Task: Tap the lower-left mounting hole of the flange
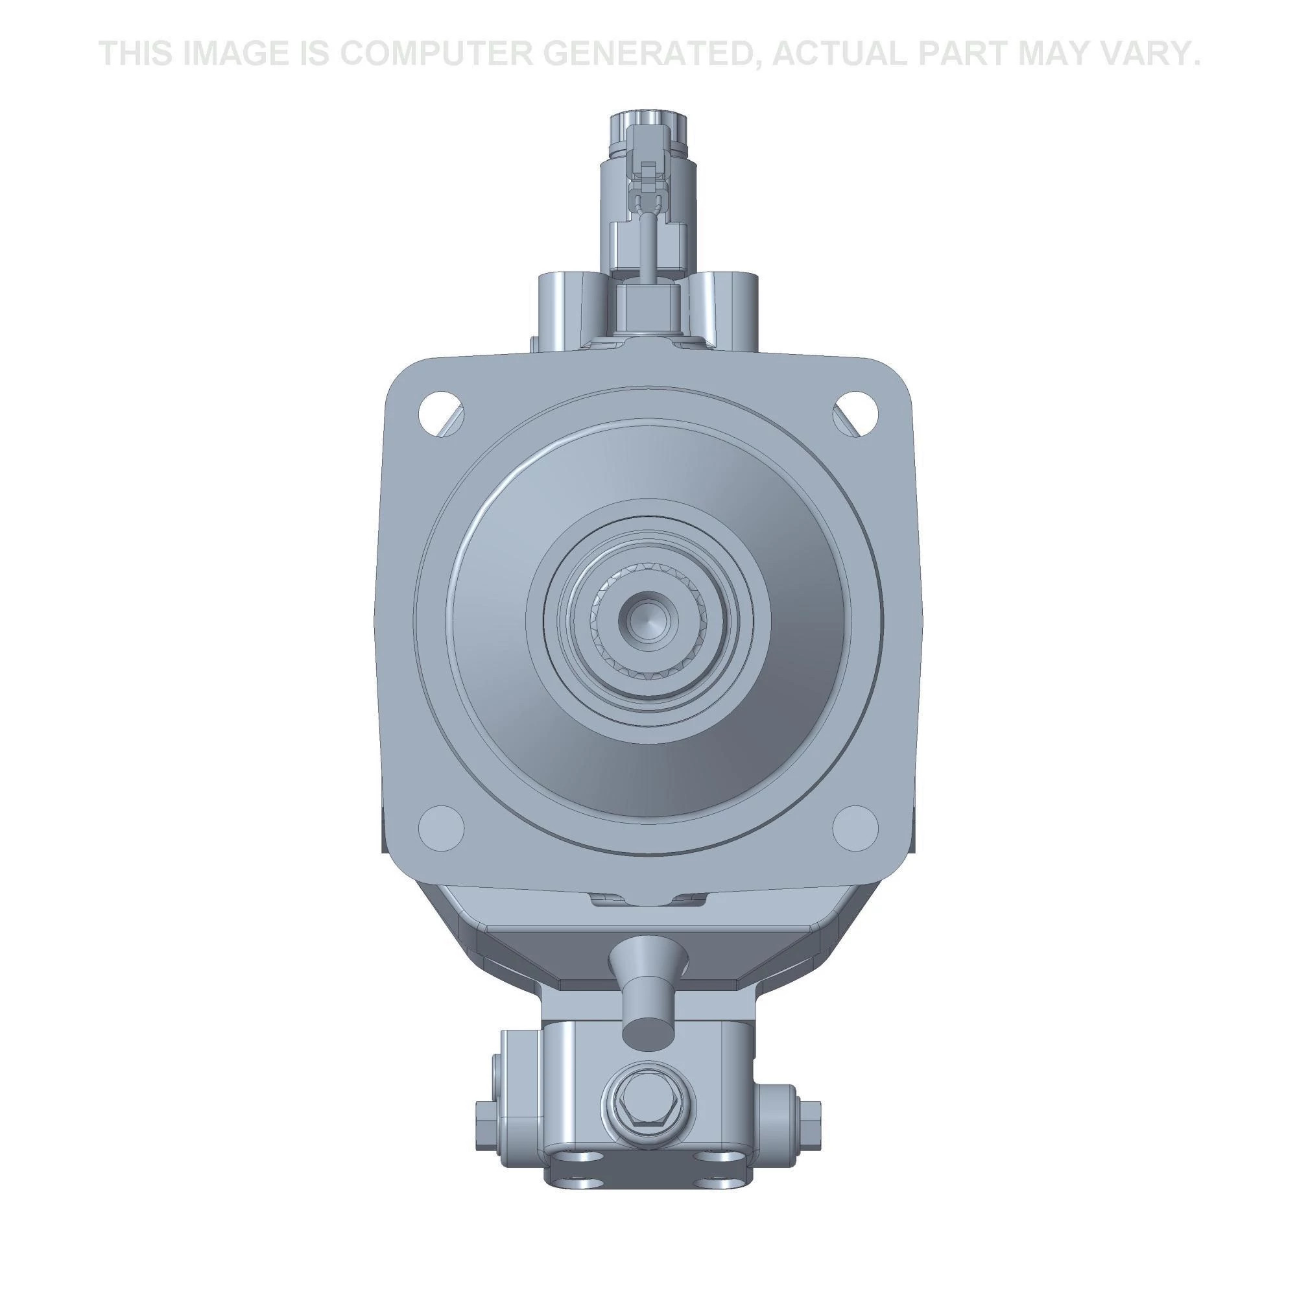(x=441, y=827)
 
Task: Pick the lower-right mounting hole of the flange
(x=855, y=827)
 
